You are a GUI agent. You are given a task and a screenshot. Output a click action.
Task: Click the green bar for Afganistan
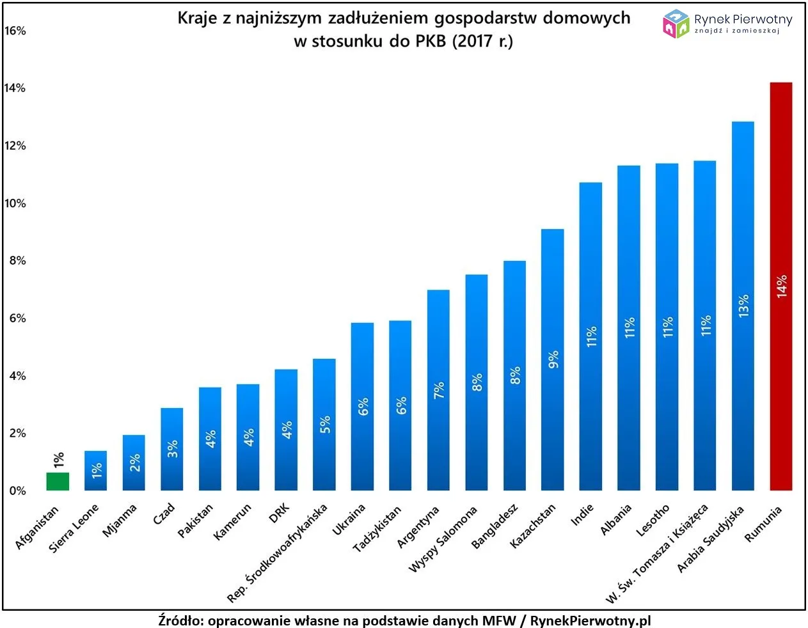point(58,482)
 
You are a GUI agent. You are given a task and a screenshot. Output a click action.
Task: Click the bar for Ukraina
point(362,406)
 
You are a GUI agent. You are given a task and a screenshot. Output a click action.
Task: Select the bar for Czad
point(171,449)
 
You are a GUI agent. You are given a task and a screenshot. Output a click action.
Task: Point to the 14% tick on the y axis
point(15,88)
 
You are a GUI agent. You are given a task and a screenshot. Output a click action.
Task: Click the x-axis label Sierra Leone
point(74,528)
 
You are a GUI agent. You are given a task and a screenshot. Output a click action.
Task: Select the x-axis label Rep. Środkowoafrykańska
point(277,553)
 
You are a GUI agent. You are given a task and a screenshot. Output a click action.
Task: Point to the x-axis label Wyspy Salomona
point(443,539)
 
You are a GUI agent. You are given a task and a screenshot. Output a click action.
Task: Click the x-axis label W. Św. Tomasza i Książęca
point(657,554)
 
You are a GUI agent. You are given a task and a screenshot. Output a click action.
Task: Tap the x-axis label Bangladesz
point(495,526)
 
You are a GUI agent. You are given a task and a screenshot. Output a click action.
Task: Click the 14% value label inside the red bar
point(781,287)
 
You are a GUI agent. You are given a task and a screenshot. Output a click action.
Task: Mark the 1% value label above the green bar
point(58,460)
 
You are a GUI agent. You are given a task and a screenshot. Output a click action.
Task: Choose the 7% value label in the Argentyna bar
point(438,390)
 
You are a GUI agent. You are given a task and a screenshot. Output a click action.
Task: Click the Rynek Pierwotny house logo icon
point(676,24)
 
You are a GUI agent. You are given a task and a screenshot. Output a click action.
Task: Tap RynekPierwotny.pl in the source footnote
point(590,620)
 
